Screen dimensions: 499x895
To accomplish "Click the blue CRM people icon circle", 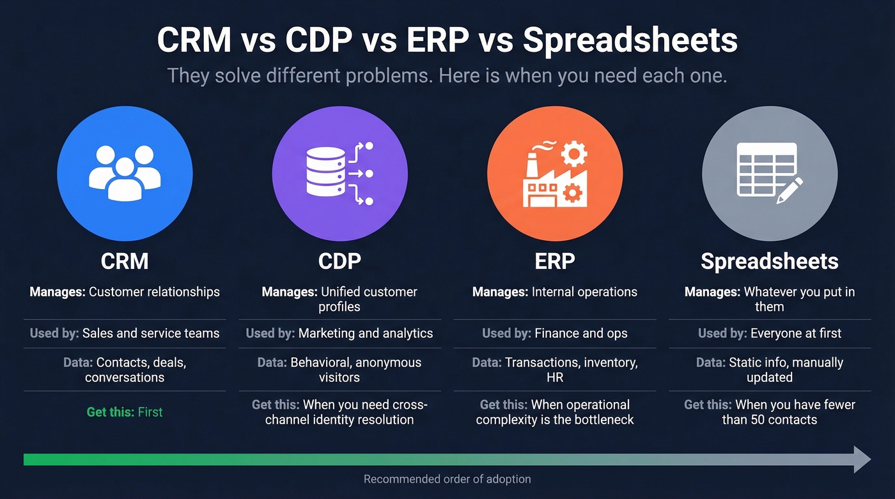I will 125,173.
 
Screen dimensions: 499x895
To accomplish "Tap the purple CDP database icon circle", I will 339,173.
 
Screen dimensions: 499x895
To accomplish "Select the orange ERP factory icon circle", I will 554,173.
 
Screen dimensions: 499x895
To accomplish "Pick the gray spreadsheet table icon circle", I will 770,173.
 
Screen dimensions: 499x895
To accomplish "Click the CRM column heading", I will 125,261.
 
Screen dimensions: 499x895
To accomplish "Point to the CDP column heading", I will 339,261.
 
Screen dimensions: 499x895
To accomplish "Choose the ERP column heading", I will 554,261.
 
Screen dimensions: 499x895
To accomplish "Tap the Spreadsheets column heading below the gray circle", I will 770,261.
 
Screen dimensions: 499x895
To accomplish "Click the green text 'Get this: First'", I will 125,412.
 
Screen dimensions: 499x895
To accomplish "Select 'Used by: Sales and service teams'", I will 125,334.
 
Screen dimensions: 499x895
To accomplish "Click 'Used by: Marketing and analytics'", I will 339,334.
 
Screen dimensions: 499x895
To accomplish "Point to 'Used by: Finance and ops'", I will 554,334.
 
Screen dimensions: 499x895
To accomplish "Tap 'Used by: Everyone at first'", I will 770,334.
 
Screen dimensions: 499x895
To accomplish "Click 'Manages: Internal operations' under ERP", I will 554,292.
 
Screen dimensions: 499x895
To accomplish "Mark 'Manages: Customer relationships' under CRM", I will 125,292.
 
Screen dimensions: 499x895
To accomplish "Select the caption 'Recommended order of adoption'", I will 447,479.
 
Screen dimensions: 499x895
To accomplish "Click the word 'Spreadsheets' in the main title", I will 630,40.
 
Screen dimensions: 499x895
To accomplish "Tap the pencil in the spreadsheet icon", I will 790,190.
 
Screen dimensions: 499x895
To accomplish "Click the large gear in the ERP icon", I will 573,154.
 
